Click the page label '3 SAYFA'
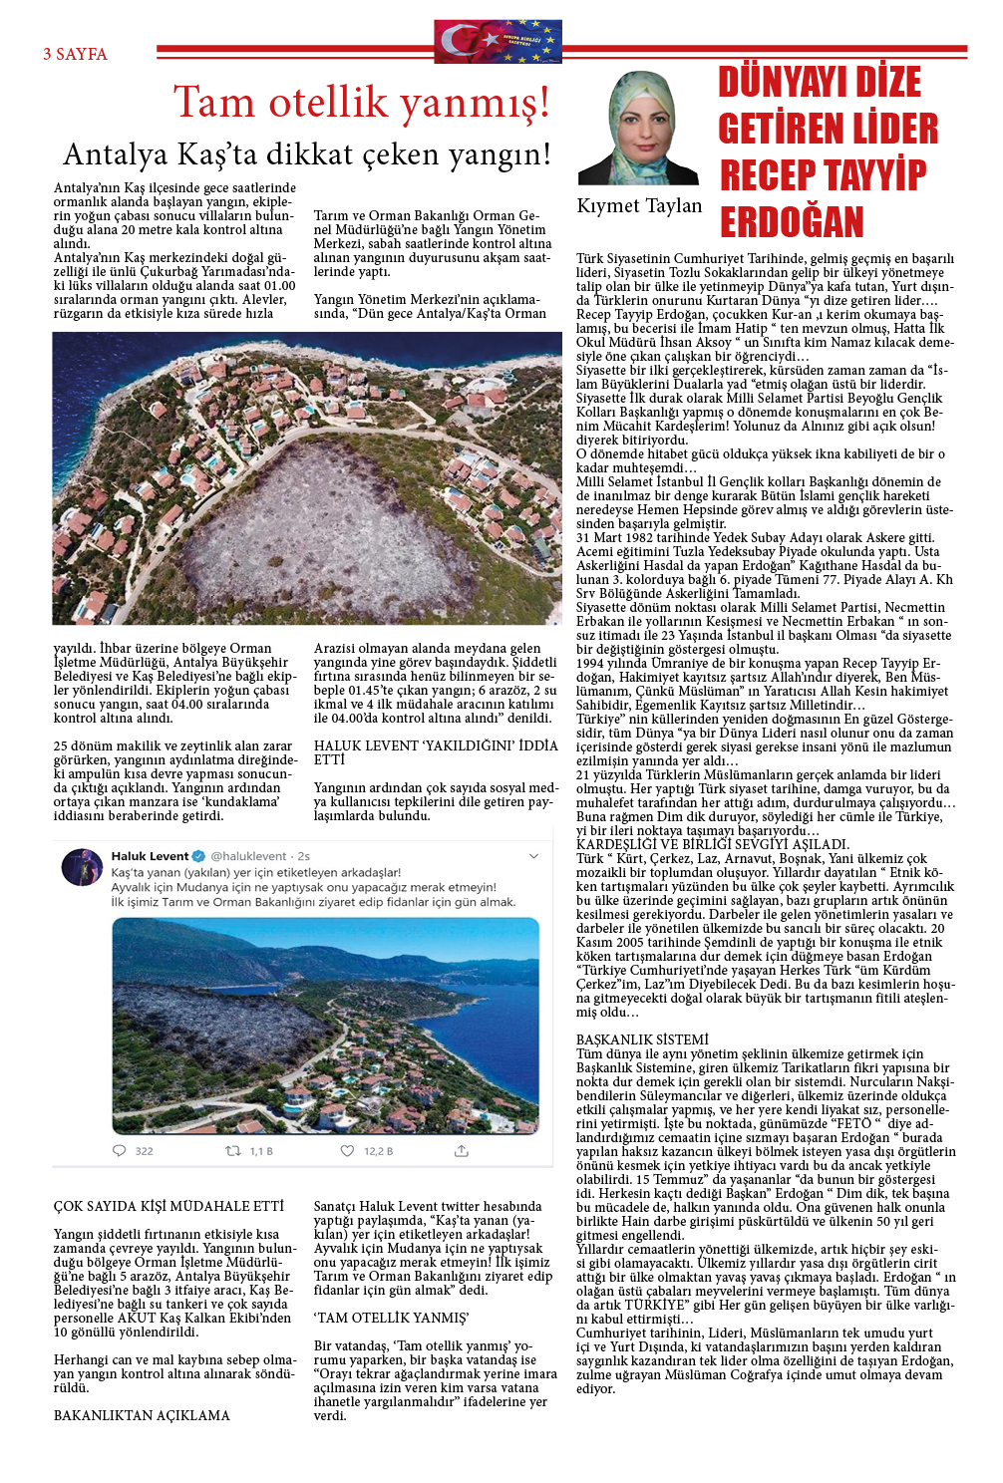[75, 55]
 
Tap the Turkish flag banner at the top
[498, 42]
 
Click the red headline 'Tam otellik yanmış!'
[361, 103]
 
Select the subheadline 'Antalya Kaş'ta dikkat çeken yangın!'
[306, 154]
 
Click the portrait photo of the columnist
[639, 129]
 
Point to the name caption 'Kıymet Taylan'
[639, 206]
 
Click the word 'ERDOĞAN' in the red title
[792, 222]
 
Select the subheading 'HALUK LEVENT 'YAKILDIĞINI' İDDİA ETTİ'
[436, 752]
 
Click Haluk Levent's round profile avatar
[82, 867]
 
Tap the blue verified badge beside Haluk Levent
[198, 856]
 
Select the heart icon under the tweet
[347, 1151]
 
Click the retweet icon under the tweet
[233, 1151]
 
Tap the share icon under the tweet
[461, 1151]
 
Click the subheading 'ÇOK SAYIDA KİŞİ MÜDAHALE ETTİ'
[168, 1206]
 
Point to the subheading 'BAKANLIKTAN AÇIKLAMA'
[142, 1415]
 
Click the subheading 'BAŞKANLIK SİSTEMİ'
[642, 1039]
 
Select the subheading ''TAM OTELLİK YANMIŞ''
[391, 1318]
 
